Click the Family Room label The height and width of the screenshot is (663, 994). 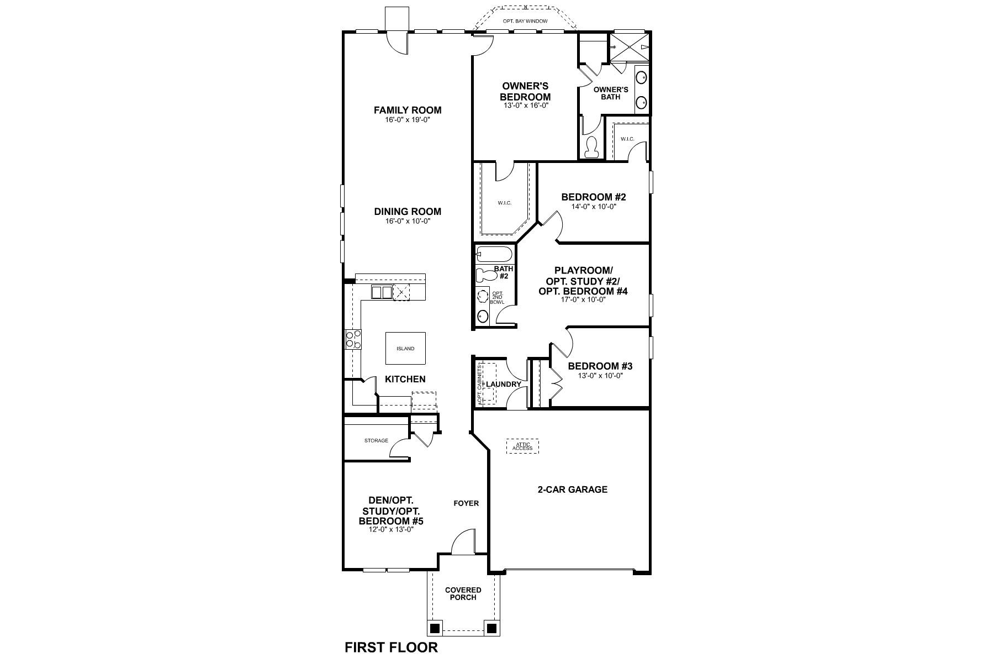coord(408,110)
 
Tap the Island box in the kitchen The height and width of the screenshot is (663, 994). coord(405,349)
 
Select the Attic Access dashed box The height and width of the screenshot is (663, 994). coord(522,446)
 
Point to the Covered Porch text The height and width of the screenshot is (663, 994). coord(463,593)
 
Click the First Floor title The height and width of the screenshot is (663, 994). coord(391,647)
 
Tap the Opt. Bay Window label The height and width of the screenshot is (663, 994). coord(525,21)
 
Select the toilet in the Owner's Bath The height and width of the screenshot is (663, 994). coord(591,146)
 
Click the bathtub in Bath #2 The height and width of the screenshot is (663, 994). coord(494,255)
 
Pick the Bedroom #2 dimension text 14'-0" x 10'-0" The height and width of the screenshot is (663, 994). coord(594,207)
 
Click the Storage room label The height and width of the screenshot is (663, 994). coord(376,441)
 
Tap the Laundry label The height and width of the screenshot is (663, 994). coord(504,384)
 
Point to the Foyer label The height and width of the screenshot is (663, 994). coord(466,503)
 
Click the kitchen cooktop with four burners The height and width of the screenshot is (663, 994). coord(353,339)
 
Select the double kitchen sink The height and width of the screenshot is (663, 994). coord(381,292)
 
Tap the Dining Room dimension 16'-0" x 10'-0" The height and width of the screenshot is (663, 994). coord(408,221)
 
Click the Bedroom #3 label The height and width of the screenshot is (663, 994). coord(600,366)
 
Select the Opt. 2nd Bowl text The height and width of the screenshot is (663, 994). coord(497,297)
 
